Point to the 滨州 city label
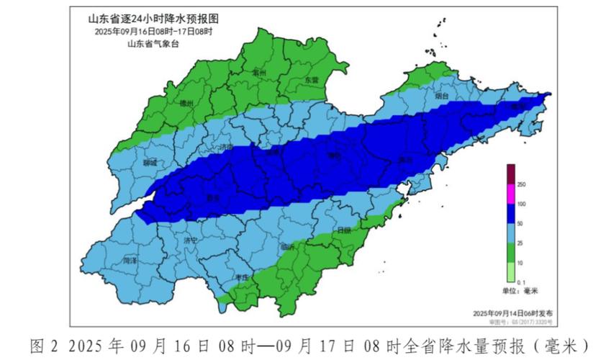point(259,73)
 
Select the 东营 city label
point(311,79)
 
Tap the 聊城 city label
point(150,163)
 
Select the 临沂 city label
point(289,246)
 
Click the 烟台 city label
point(442,95)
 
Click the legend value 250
point(522,186)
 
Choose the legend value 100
point(522,205)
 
